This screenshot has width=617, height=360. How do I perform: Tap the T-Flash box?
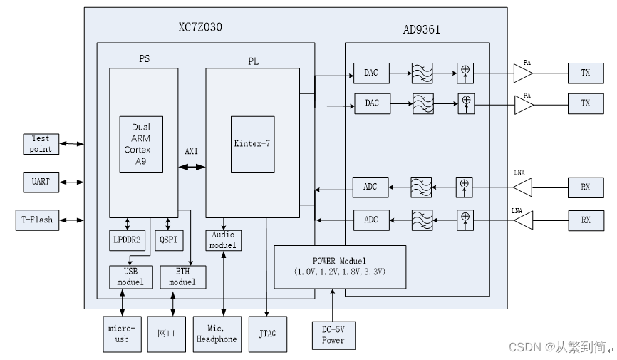click(x=36, y=220)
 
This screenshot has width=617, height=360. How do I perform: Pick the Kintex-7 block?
click(x=252, y=143)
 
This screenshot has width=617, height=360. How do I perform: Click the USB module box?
click(x=130, y=277)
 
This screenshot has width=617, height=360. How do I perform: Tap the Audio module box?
click(x=224, y=240)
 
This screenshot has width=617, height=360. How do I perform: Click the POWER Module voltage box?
click(x=340, y=267)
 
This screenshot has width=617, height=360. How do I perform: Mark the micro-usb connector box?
click(x=122, y=334)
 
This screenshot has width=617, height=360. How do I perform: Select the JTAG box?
click(x=267, y=334)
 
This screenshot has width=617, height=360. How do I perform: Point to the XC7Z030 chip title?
click(x=201, y=26)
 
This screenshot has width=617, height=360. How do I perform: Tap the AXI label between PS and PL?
click(x=191, y=152)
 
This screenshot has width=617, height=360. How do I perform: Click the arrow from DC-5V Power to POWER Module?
click(x=333, y=304)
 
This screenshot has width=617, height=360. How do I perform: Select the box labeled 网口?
click(x=166, y=334)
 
